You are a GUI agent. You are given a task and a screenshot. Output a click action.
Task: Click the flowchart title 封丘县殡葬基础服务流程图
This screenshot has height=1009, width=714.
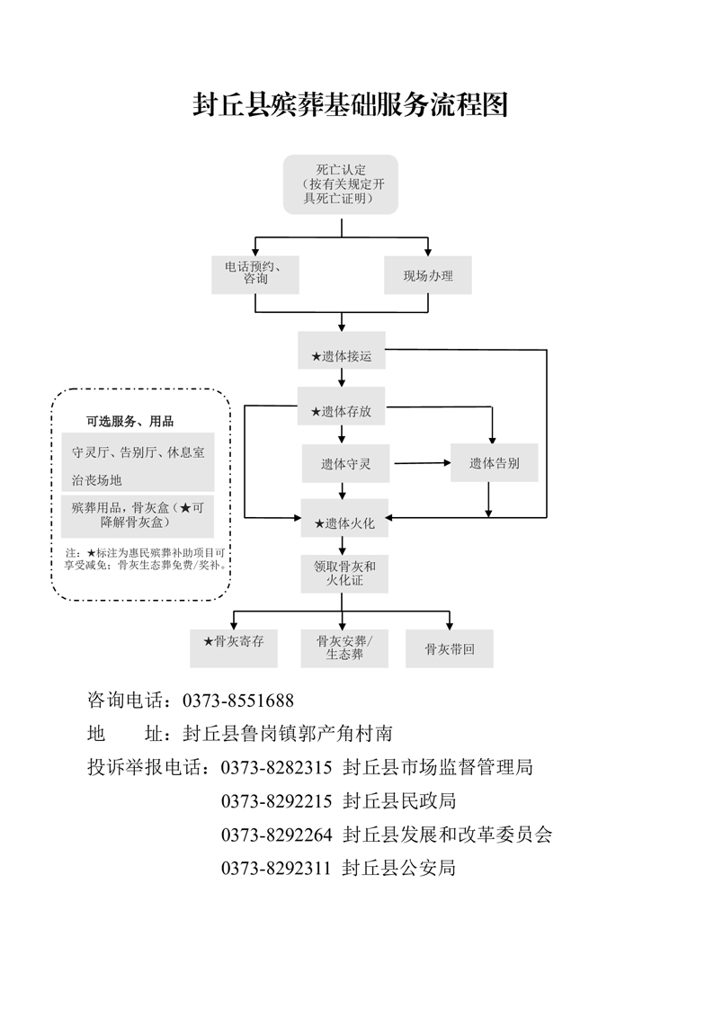pos(351,105)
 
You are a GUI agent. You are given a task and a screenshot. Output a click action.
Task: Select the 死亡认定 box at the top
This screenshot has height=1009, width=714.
pos(341,184)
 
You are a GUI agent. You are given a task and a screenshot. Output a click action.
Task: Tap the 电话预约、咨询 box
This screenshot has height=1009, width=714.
pos(255,274)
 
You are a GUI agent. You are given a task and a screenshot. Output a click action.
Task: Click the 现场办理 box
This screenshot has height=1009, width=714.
pos(428,275)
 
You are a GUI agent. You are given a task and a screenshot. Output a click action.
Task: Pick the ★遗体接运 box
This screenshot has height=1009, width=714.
pos(342,356)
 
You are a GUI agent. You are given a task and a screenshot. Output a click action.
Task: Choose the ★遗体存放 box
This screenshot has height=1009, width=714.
pos(342,411)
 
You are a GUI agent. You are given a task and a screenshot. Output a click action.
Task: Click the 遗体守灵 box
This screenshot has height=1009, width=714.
pos(346,464)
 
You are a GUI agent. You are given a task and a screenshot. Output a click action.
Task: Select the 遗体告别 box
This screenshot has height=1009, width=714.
pos(494,463)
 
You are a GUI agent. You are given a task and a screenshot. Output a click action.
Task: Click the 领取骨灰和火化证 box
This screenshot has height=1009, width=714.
pos(344,574)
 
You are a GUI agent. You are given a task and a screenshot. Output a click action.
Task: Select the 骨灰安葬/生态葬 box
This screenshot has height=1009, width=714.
pos(344,647)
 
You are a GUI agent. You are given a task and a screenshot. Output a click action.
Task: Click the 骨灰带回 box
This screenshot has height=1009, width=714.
pos(450,648)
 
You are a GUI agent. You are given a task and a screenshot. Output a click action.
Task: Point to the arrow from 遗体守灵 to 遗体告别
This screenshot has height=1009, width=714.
pos(422,463)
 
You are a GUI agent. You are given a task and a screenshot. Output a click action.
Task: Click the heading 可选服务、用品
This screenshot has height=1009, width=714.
pos(129,421)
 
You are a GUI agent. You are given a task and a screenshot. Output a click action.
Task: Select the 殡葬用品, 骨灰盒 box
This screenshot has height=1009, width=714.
pos(138,514)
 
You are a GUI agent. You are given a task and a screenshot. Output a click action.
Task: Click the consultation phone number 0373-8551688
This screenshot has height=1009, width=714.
pos(238,700)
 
